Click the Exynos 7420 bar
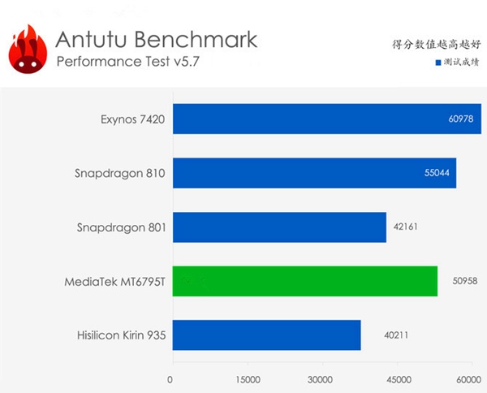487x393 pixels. pos(325,119)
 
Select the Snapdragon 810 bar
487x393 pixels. pos(313,173)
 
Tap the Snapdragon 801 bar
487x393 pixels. pos(278,227)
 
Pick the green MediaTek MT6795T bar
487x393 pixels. pos(304,281)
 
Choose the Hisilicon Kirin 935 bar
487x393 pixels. pos(265,335)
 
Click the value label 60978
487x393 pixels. pos(460,119)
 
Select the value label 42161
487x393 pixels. pos(407,227)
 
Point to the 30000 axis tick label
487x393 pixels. pos(321,380)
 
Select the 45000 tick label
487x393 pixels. pos(395,380)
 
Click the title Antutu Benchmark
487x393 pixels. pos(156,39)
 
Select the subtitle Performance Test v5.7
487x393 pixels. pos(128,63)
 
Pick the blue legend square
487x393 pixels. pos(437,63)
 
